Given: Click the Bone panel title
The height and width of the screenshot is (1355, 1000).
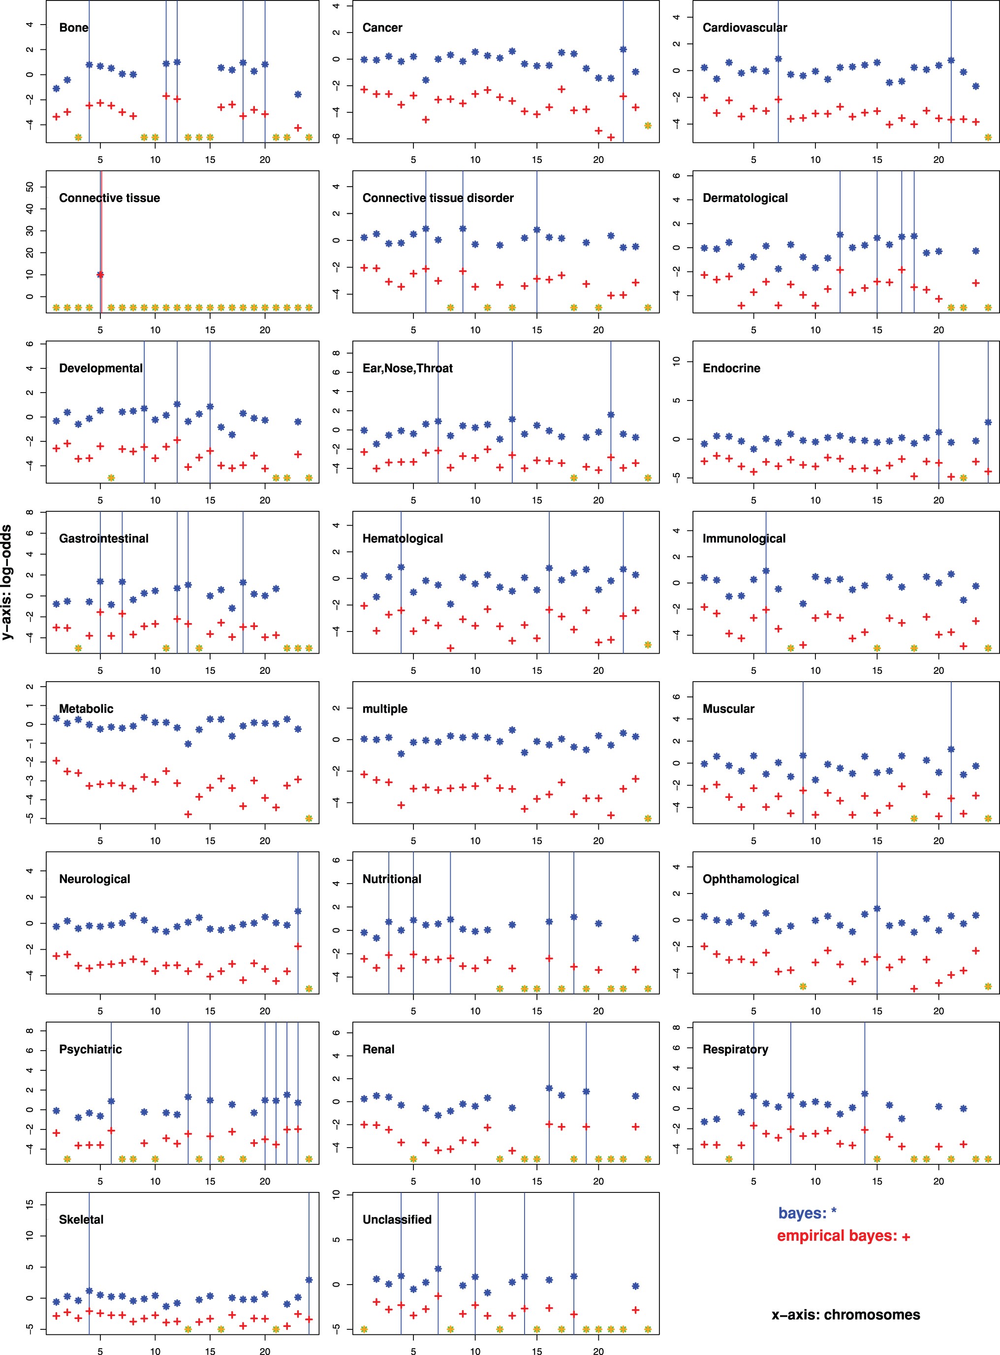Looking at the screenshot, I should [x=73, y=28].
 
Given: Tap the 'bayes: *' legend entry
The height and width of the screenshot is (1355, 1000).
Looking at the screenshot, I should [x=807, y=1213].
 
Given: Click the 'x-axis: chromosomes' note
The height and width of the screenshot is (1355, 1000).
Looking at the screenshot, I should [x=845, y=1315].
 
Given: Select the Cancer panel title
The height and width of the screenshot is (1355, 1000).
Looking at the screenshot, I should [x=382, y=28].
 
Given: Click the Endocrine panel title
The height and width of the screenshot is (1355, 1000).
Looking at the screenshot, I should [x=731, y=368].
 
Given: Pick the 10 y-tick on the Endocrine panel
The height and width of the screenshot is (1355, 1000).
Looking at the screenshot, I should [x=677, y=361].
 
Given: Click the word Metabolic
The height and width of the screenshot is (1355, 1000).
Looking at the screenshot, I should [x=86, y=709].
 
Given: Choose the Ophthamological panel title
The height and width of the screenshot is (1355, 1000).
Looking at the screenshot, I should [x=750, y=879].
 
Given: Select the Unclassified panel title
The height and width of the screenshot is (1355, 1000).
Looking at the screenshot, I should [x=397, y=1220].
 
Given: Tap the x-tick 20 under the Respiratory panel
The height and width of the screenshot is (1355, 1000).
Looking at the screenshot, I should [x=938, y=1181].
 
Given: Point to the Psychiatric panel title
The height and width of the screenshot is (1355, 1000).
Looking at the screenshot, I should [x=90, y=1049].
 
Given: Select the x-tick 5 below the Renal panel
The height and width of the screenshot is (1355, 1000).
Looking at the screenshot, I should [x=413, y=1181].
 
